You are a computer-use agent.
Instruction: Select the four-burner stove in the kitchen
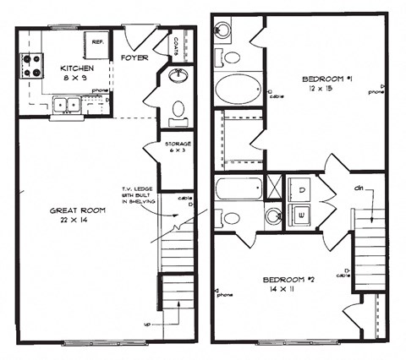coord(31,65)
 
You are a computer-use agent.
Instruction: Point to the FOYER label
coord(134,58)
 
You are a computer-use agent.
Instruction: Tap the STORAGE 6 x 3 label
coord(178,148)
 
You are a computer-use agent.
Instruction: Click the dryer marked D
coord(301,188)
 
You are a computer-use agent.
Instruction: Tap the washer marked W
coord(301,215)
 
